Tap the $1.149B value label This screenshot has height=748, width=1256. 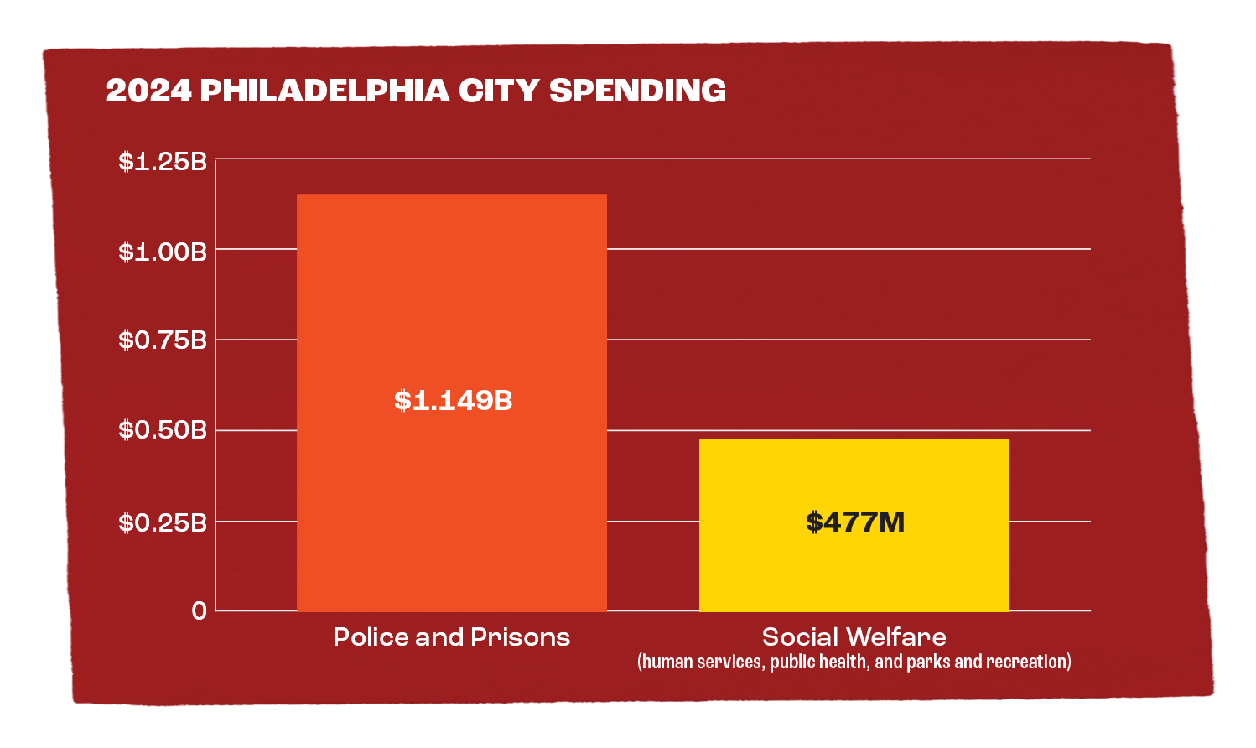tap(453, 401)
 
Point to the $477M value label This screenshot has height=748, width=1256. tap(855, 522)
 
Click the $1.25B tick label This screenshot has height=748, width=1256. tap(163, 161)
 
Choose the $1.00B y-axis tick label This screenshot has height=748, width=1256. tap(163, 252)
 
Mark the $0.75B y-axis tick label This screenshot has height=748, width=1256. tap(163, 340)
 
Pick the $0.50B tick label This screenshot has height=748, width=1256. tap(163, 430)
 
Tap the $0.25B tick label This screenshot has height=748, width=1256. tap(163, 522)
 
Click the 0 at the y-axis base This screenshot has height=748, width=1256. tap(199, 611)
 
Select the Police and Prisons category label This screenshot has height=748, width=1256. tap(451, 637)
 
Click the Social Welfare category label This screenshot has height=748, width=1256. tap(854, 637)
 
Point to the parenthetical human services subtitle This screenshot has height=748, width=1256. tap(854, 662)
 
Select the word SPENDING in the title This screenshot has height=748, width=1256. tap(637, 91)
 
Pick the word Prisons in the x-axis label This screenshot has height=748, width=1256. tap(520, 637)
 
